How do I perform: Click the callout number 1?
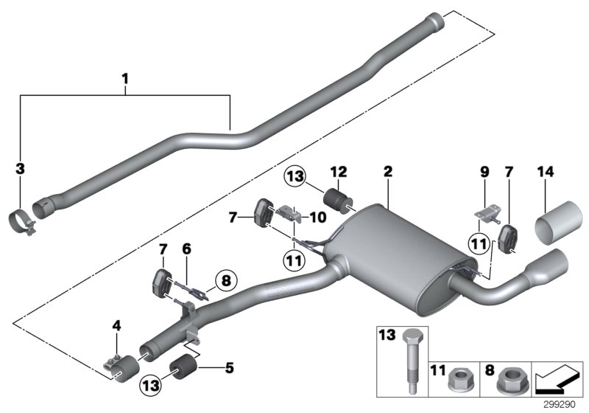125,77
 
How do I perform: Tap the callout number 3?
21,169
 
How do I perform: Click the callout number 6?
186,250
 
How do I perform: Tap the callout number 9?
484,172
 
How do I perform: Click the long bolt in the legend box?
409,359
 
